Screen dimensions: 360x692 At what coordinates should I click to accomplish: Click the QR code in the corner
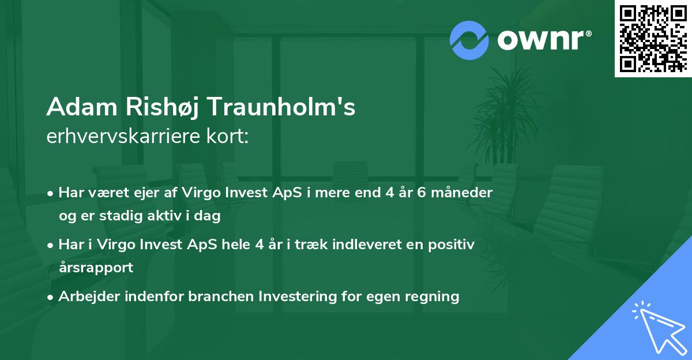[653, 38]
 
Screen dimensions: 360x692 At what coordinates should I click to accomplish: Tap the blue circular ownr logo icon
[469, 40]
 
